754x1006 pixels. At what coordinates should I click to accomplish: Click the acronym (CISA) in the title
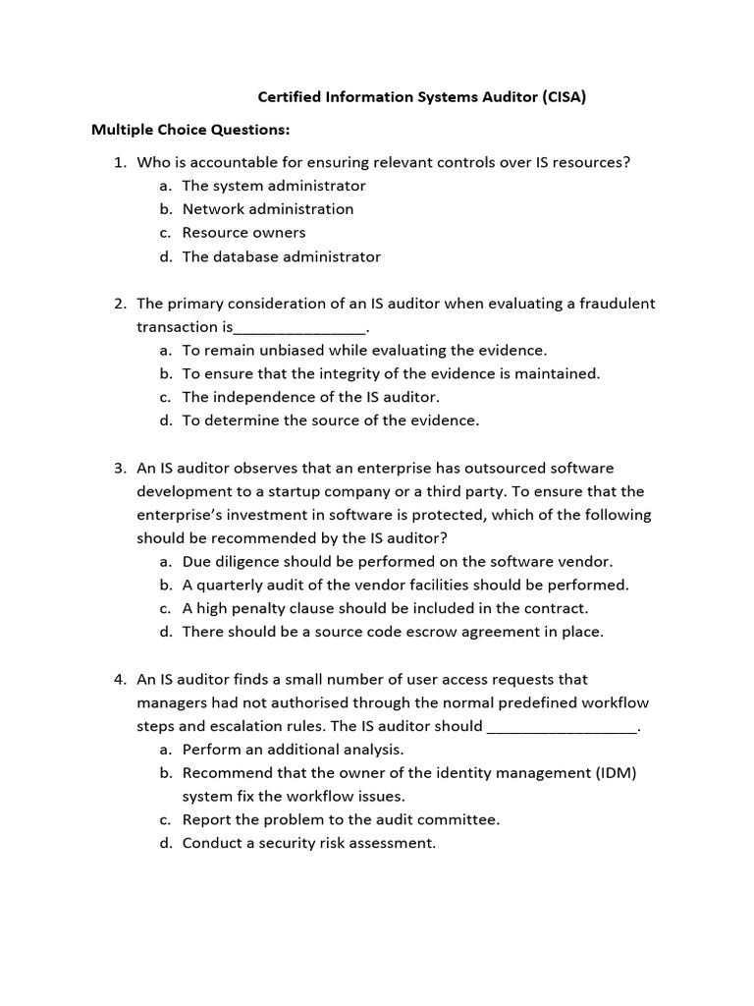point(561,97)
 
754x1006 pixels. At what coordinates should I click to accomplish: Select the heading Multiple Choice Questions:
point(190,130)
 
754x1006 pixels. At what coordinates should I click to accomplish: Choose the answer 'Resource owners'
point(243,233)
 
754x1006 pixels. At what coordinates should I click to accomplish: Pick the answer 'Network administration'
point(267,209)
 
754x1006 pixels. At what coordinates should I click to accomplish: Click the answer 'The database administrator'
point(281,256)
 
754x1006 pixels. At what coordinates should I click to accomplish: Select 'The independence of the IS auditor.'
point(310,397)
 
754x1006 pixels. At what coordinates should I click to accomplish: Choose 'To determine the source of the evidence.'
point(330,420)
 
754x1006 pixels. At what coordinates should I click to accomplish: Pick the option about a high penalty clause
point(385,608)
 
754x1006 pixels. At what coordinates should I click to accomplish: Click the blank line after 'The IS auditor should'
point(562,728)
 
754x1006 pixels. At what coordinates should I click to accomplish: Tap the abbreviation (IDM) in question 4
point(616,772)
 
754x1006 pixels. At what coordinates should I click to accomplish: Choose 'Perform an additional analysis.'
point(293,749)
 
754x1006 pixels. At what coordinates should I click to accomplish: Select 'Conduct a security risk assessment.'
point(308,843)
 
